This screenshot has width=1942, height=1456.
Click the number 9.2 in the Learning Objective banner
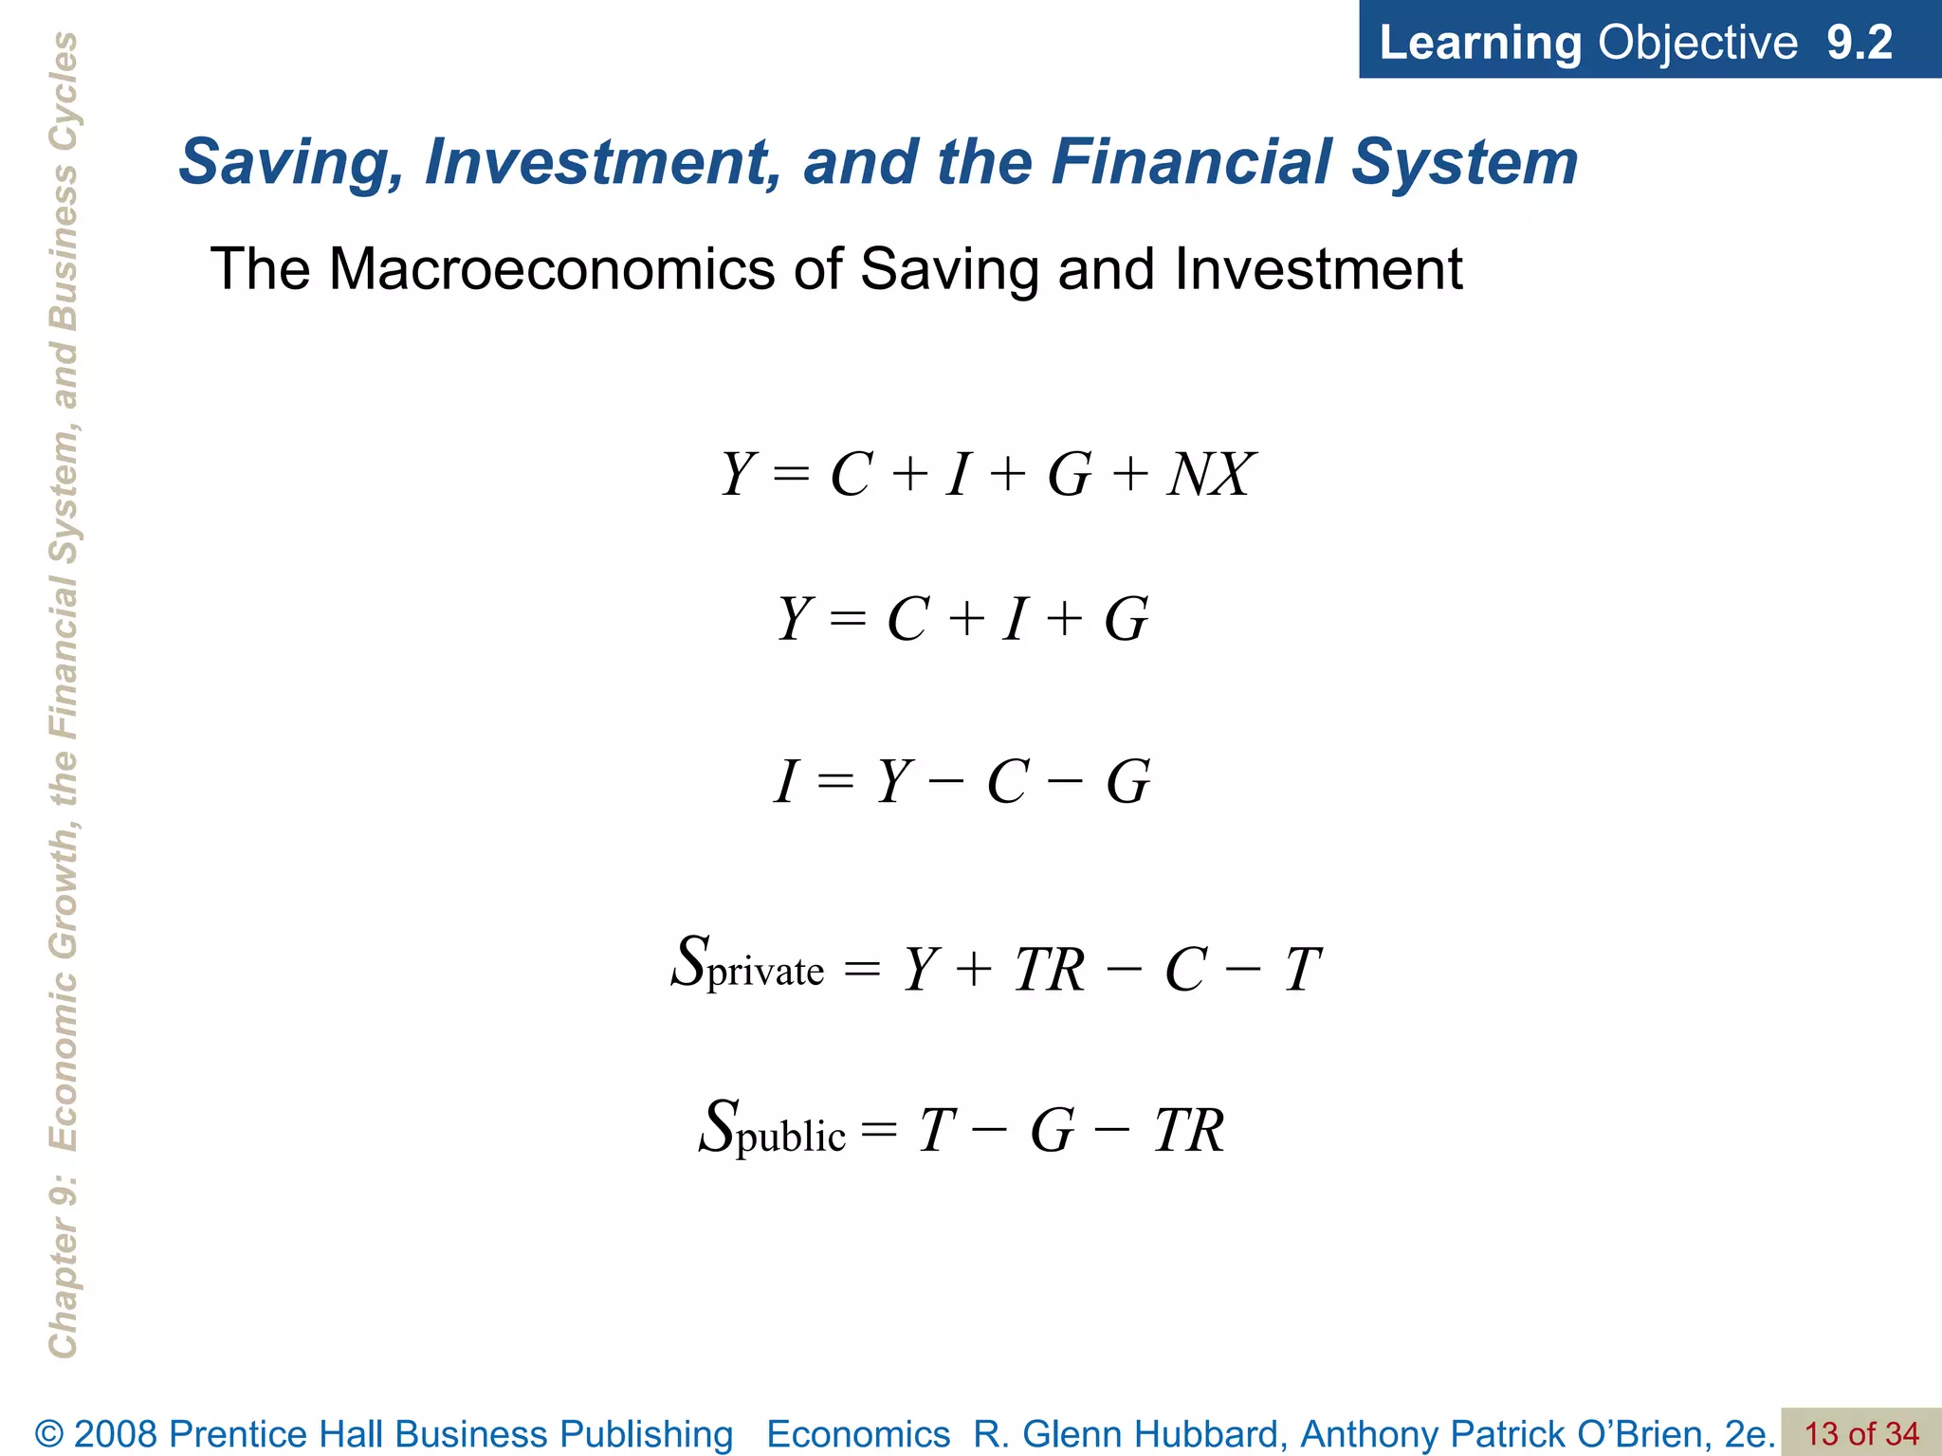click(1859, 43)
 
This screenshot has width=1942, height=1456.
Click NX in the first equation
click(1212, 474)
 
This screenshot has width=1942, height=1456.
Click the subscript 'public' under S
click(791, 1136)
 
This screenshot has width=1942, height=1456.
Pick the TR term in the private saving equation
click(1049, 970)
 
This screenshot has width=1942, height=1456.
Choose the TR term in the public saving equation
click(1189, 1131)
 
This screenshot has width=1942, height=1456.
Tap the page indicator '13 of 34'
click(1860, 1433)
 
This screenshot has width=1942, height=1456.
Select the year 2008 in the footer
click(116, 1434)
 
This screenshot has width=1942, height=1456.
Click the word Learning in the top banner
click(1479, 43)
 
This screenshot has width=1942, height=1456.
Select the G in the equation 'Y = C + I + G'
click(1127, 620)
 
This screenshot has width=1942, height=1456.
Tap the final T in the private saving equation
click(1303, 970)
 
